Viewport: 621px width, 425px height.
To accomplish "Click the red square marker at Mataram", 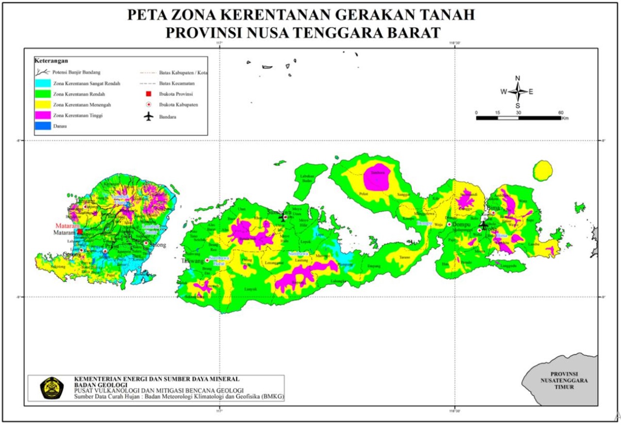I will [80, 232].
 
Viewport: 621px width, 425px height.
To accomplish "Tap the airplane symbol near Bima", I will [483, 225].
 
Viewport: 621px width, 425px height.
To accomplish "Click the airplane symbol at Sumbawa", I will [283, 218].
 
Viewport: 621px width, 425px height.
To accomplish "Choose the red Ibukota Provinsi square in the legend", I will [148, 94].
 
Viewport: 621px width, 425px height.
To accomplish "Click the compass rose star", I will [518, 91].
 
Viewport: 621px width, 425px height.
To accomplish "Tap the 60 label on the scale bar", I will [560, 112].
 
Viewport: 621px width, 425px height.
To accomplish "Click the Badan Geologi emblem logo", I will [51, 388].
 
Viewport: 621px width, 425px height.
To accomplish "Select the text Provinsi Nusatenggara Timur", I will [564, 380].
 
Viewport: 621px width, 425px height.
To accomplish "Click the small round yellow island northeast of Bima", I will [542, 171].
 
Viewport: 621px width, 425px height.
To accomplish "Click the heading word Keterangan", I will [51, 61].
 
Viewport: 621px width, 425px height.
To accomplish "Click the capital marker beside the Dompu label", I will [450, 225].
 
